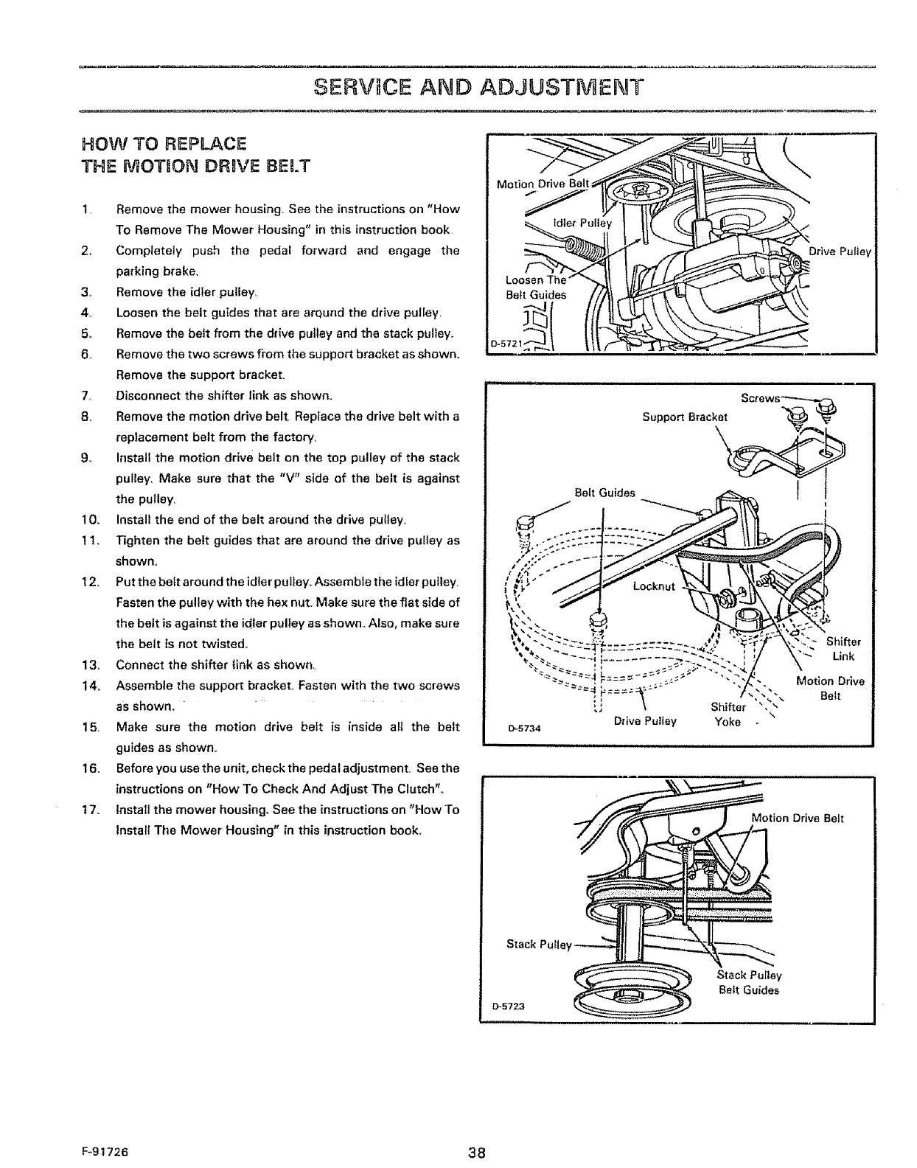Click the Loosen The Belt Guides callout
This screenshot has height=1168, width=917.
[536, 288]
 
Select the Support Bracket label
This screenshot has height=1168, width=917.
[685, 417]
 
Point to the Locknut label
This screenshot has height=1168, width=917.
[654, 587]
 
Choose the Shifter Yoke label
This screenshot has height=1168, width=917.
[728, 714]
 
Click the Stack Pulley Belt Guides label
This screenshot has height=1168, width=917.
[748, 983]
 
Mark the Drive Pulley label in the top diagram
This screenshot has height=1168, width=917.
[840, 252]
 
